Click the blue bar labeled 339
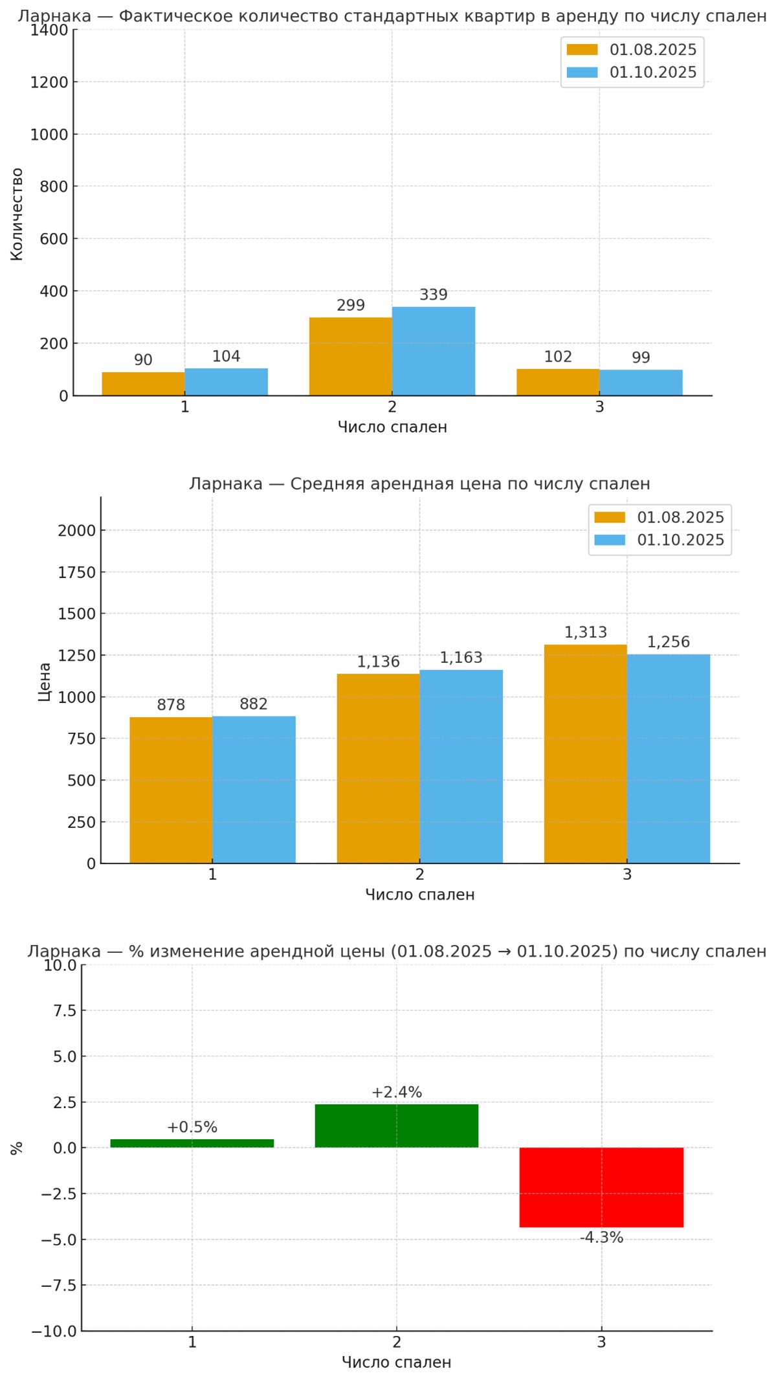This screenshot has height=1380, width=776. click(433, 351)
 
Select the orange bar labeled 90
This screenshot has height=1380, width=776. click(143, 384)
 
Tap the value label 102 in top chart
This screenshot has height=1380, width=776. click(558, 357)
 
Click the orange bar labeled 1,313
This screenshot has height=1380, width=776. click(585, 754)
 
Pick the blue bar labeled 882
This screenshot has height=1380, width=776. click(254, 790)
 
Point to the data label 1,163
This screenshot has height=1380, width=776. click(461, 658)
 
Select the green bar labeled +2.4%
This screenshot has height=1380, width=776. click(397, 1126)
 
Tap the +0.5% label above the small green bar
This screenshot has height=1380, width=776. click(192, 1127)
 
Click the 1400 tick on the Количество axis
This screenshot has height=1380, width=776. click(49, 30)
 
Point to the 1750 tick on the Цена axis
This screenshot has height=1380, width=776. click(76, 572)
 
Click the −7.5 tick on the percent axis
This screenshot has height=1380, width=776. click(58, 1285)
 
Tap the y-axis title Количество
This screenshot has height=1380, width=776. click(17, 214)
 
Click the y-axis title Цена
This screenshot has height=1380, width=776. click(44, 682)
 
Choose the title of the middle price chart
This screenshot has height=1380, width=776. click(419, 484)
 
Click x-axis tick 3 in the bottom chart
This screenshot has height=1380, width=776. click(601, 1342)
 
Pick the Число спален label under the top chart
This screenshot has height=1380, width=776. click(392, 427)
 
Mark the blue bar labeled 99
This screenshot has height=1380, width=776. click(641, 383)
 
